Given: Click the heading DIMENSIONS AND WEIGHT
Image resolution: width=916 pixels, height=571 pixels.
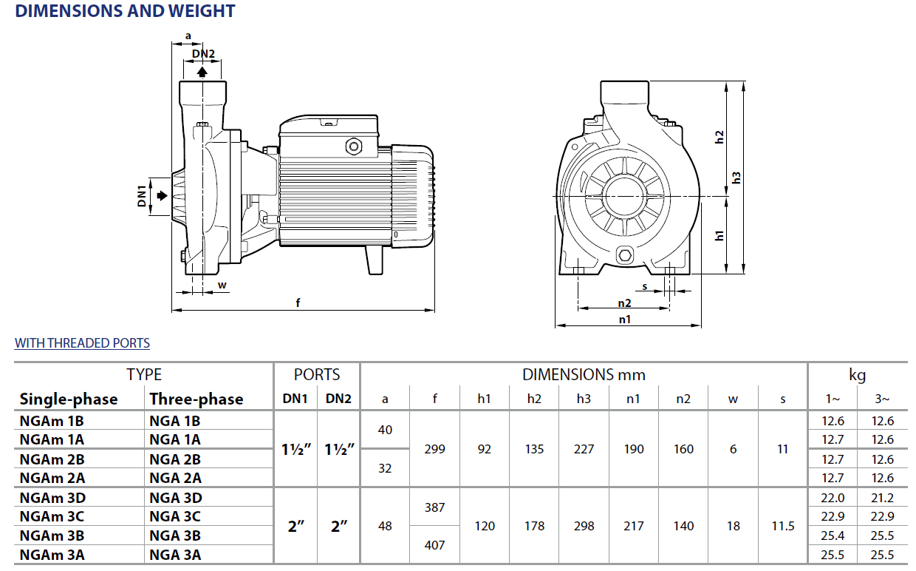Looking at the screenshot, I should click(x=125, y=11).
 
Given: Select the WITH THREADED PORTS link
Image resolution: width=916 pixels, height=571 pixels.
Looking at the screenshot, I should click(x=82, y=343).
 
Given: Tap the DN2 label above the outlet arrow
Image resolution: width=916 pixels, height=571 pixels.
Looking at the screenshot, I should click(x=203, y=54).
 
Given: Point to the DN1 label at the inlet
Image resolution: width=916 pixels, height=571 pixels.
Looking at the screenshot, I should click(x=142, y=196).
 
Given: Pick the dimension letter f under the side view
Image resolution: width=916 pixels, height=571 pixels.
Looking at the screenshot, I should click(x=298, y=302).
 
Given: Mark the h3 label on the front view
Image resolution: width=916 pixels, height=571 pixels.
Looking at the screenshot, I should click(x=736, y=178).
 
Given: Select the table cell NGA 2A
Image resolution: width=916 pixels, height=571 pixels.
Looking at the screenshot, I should click(x=175, y=478).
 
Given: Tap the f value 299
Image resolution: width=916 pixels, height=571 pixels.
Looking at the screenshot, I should click(x=435, y=449).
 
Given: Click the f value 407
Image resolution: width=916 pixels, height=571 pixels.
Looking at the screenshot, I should click(x=435, y=545).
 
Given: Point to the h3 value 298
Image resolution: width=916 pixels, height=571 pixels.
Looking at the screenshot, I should click(x=584, y=526).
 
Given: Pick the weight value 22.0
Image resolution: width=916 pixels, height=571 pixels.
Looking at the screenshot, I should click(x=833, y=498).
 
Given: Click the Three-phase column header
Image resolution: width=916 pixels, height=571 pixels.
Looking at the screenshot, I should click(x=196, y=399).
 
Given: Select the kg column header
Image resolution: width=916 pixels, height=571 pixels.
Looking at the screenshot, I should click(x=857, y=375).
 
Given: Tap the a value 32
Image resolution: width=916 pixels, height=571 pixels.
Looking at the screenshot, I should click(x=385, y=468).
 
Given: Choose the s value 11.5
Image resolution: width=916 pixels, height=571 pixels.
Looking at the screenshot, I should click(x=783, y=526).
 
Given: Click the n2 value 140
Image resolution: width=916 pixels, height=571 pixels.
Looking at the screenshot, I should click(x=683, y=526).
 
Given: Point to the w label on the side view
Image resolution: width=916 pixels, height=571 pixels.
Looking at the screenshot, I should click(x=222, y=285).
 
